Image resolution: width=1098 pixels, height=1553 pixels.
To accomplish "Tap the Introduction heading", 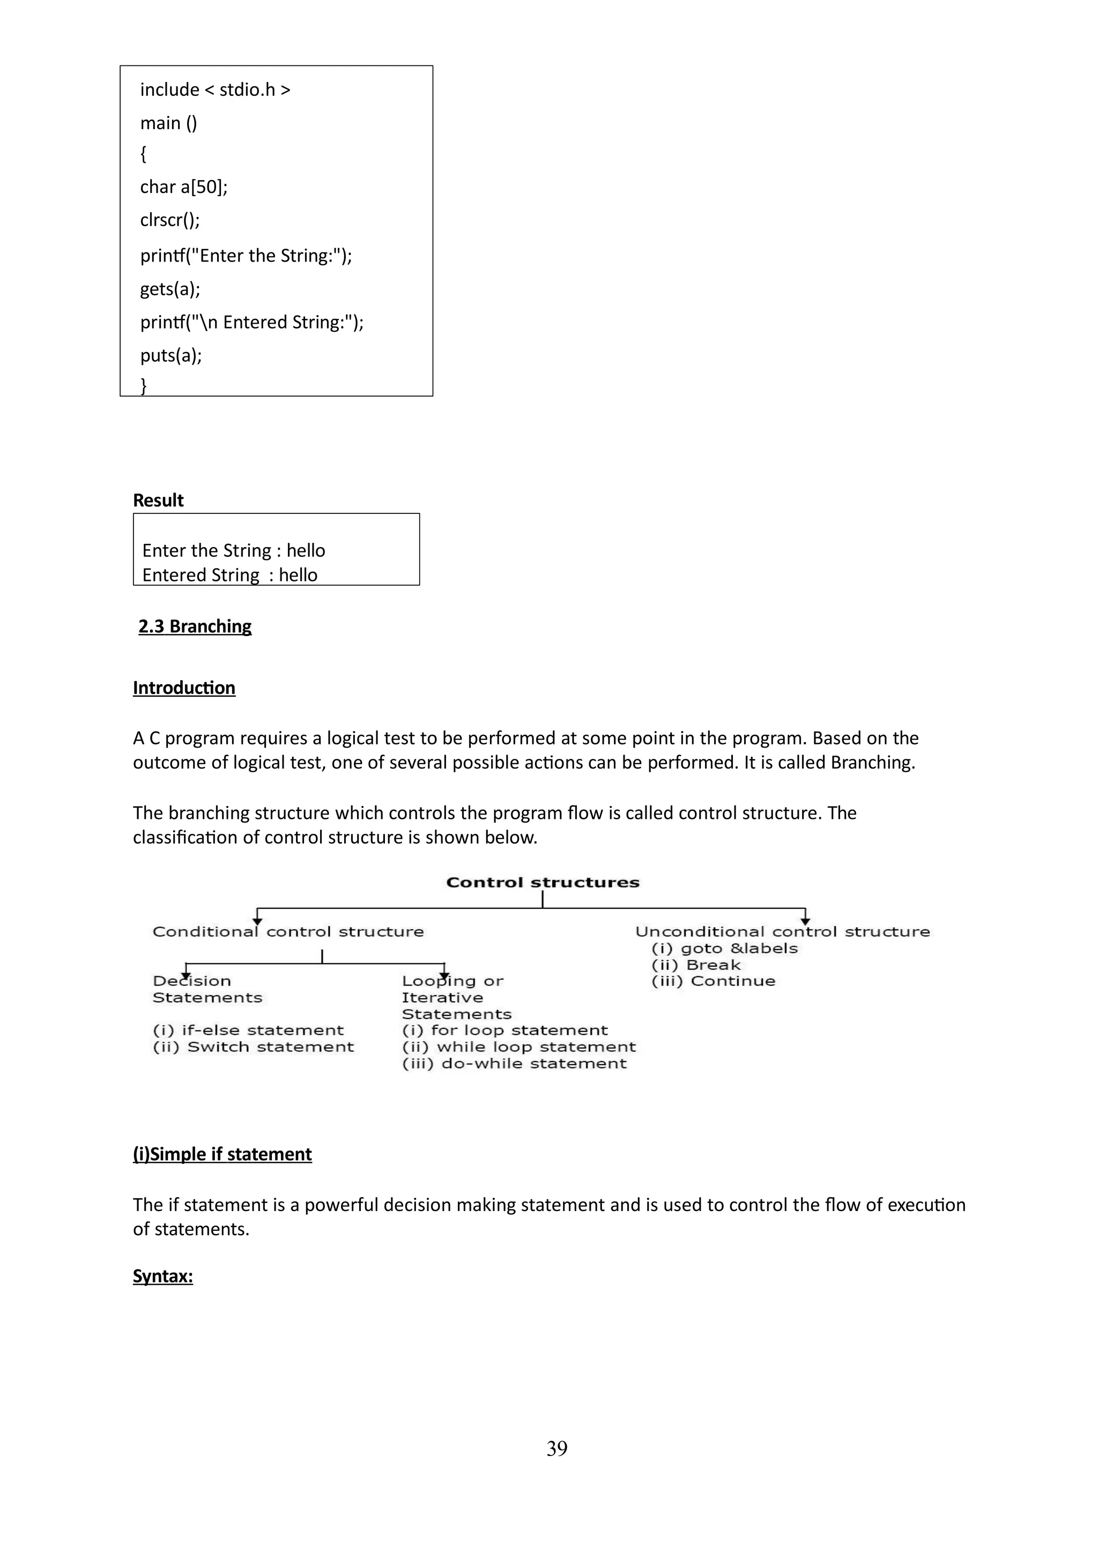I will pos(184,688).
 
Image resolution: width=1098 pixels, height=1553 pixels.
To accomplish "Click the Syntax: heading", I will pos(162,1276).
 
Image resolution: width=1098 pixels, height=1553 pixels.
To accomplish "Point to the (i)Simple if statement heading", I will pos(222,1155).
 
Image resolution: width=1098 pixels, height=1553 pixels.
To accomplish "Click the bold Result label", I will pos(158,501).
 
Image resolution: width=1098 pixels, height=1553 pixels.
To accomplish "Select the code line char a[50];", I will pos(183,186).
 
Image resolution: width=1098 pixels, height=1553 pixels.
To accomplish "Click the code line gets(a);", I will pos(170,289).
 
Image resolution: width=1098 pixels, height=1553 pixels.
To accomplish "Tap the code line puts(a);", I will pos(170,355).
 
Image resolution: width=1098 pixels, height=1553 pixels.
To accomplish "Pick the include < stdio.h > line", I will pos(214,90).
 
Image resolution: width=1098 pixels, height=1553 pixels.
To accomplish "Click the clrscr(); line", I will pos(170,220).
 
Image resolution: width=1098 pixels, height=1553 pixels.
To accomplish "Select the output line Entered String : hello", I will pos(229,575).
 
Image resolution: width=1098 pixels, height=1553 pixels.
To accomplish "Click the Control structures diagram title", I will pos(543,883).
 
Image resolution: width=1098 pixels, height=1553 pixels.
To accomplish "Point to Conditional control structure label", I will pos(288,932).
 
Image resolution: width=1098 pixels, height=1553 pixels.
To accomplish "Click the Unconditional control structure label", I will pos(782,932).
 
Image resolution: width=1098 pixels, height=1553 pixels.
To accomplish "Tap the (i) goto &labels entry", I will pos(724,949).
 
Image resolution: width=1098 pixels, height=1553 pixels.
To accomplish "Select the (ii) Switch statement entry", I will pos(253,1047).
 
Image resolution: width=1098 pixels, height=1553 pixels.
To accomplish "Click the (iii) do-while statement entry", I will pos(514,1064).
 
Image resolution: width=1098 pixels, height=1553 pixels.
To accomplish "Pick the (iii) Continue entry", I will pos(713,981).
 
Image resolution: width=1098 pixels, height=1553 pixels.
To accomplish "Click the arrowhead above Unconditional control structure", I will pos(805,921).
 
